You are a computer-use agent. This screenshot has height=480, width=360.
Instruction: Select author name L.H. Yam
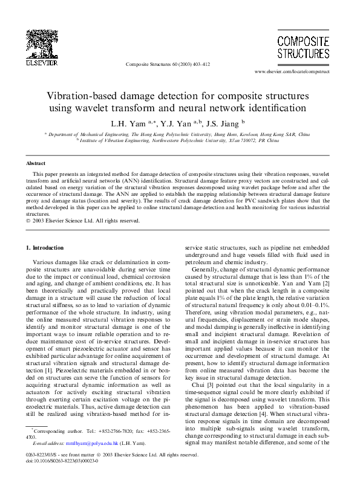123,124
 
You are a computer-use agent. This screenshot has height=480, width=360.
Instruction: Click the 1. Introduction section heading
45,248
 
